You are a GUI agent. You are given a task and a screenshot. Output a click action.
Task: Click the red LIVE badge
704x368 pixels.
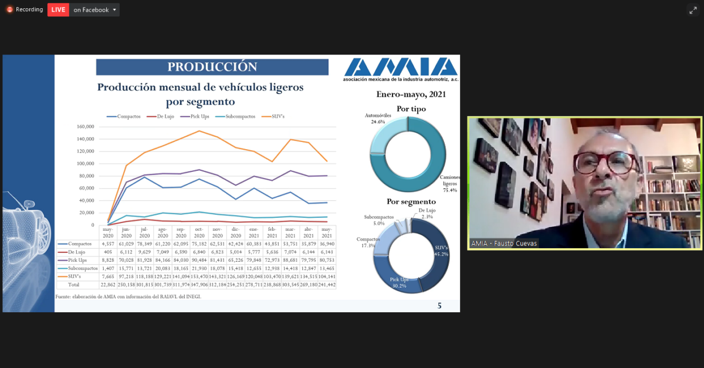click(x=58, y=9)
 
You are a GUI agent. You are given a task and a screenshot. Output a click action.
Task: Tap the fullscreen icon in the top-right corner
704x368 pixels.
click(x=692, y=10)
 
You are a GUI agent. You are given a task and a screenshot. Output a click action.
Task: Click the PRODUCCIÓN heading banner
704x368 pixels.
click(x=212, y=67)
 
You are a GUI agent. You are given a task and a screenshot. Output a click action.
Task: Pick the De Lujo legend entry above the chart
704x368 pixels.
click(x=164, y=116)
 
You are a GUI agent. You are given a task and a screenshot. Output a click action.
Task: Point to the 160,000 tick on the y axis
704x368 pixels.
click(x=85, y=127)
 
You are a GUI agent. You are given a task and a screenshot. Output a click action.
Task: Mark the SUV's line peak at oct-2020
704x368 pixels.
click(x=199, y=131)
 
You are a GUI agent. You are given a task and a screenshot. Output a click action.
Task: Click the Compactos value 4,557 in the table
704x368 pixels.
click(x=108, y=244)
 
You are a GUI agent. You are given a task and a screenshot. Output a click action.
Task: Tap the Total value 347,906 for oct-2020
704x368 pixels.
click(x=199, y=285)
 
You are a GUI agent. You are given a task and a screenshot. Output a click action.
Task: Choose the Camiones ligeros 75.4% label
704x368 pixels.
click(x=450, y=183)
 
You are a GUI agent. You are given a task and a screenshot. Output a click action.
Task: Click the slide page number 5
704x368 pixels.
click(x=439, y=305)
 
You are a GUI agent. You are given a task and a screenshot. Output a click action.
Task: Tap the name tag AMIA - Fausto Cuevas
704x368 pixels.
click(x=503, y=244)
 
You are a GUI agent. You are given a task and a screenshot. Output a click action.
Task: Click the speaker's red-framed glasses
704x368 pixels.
click(x=604, y=162)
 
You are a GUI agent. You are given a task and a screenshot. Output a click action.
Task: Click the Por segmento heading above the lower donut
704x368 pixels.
click(x=411, y=201)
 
